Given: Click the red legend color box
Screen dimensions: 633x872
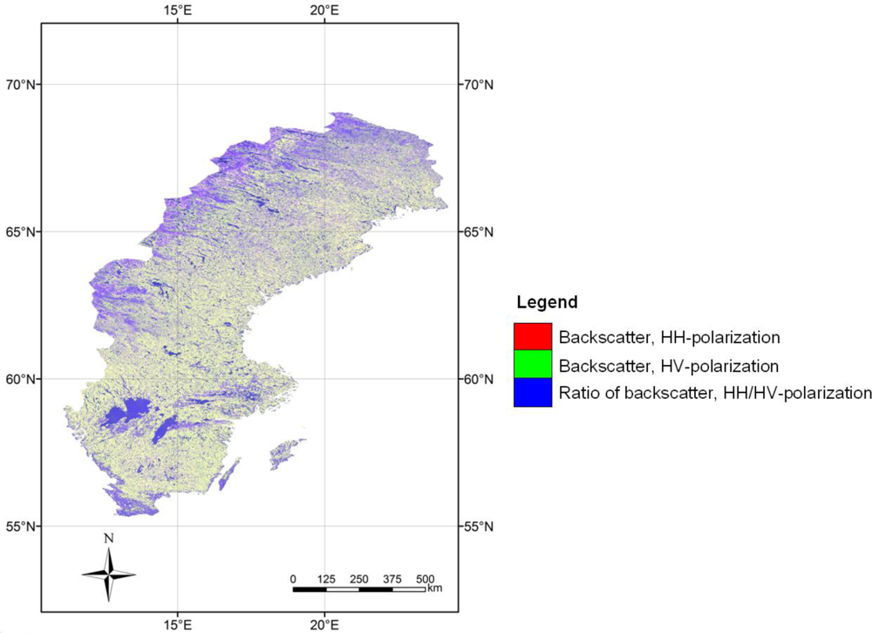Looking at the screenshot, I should pos(533,336).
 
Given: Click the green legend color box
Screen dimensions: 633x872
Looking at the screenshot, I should pos(533,364).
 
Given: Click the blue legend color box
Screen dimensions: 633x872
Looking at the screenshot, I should pos(533,392).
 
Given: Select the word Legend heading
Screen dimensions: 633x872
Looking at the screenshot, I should pos(547,303).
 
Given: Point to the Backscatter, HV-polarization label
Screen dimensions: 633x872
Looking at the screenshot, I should pos(669,365).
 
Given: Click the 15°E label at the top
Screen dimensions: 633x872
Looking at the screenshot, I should pos(178,10).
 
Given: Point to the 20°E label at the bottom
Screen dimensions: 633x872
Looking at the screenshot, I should pos(324,623).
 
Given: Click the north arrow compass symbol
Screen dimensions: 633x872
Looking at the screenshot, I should pos(109,575).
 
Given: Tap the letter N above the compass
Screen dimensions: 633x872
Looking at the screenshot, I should pos(109,539).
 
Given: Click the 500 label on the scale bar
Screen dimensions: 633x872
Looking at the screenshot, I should pos(425,579).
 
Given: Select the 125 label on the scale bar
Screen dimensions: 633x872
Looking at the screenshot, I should pos(326,579).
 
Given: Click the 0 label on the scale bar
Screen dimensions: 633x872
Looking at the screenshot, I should pos(294,579).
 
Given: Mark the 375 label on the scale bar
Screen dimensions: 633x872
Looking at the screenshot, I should pos(392,579).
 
